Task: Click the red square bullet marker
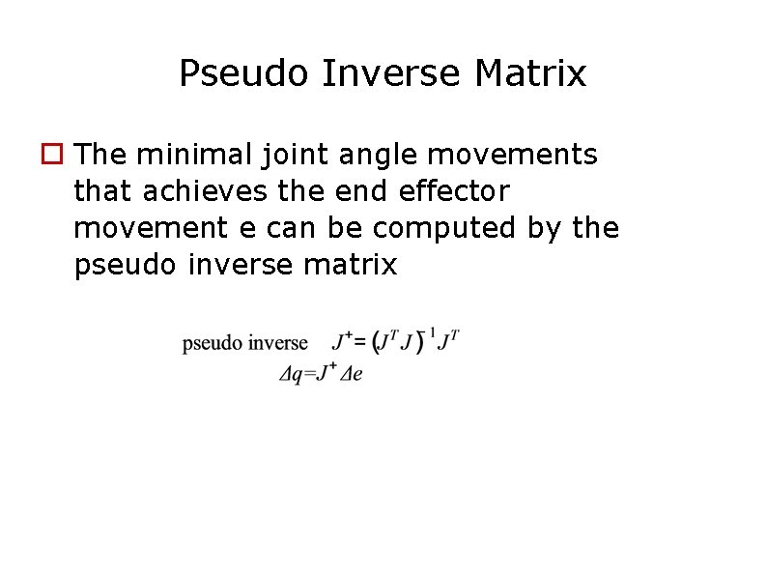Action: pos(51,154)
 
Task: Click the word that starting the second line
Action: pos(103,191)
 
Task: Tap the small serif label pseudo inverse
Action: pos(245,343)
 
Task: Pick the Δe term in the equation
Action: pos(350,375)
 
